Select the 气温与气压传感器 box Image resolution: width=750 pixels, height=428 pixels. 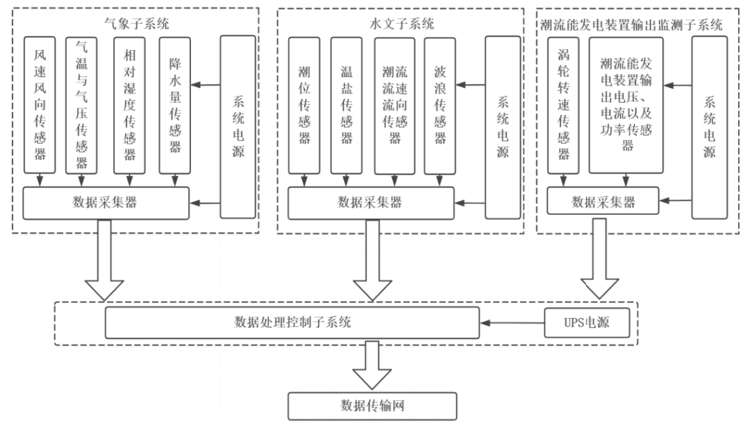click(81, 104)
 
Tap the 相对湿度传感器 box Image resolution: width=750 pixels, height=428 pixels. click(130, 104)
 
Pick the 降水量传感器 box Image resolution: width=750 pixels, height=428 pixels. click(175, 104)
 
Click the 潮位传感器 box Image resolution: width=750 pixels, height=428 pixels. click(303, 104)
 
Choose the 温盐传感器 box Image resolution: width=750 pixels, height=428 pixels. click(346, 104)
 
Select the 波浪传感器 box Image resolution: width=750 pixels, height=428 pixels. click(440, 104)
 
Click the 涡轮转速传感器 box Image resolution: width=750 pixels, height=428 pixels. click(562, 104)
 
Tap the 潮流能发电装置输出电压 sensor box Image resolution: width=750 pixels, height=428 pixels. click(627, 104)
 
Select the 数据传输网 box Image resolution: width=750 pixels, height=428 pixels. click(372, 406)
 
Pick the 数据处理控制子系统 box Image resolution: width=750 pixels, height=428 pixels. click(292, 323)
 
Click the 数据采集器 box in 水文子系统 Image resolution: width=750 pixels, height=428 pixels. click(370, 202)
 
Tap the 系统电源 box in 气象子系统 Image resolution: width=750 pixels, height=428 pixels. click(238, 126)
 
